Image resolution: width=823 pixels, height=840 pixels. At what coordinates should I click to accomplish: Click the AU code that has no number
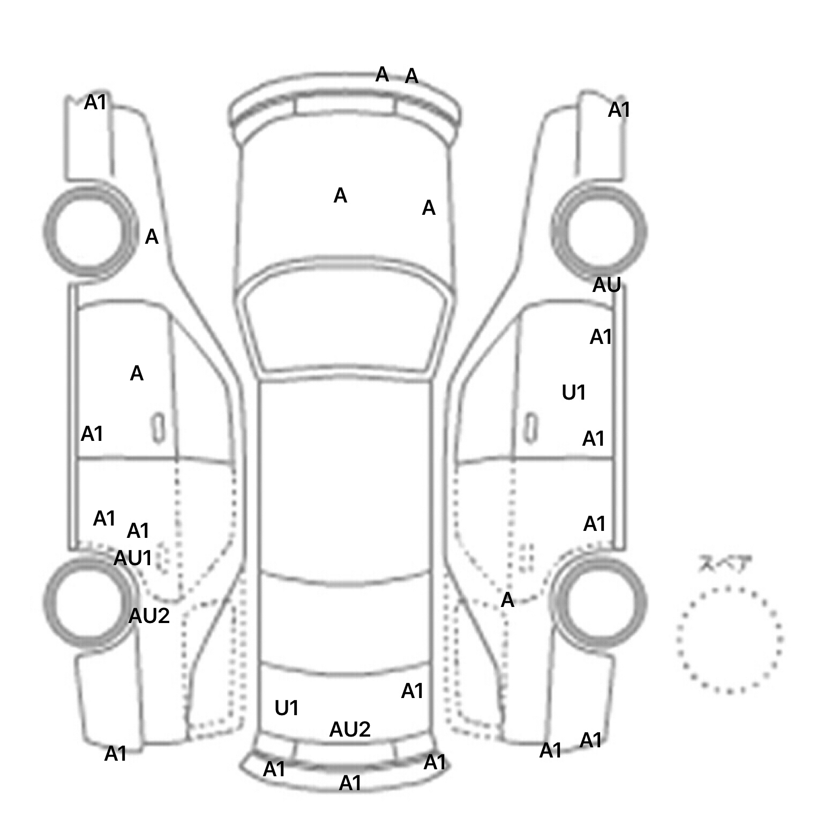[x=606, y=285]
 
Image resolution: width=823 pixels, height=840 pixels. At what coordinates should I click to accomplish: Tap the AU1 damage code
[x=133, y=558]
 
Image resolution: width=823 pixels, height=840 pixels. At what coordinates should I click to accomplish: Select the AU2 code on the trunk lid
[x=349, y=729]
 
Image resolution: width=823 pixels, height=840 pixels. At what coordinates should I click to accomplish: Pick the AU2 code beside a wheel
[x=149, y=616]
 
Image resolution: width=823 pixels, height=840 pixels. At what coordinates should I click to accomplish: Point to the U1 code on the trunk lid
[x=286, y=708]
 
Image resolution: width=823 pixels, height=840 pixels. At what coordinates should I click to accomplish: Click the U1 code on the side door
[x=573, y=393]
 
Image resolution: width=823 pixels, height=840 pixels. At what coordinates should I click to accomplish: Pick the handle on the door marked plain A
[x=158, y=427]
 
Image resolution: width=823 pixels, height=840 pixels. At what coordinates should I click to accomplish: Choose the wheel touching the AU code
[x=599, y=231]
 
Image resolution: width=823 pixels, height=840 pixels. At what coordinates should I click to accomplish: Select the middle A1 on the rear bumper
[x=350, y=783]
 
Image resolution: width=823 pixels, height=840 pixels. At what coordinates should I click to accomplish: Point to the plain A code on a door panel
[x=137, y=373]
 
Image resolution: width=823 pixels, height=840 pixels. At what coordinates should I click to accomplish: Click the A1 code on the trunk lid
[x=412, y=691]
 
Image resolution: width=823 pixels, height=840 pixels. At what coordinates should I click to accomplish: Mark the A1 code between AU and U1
[x=600, y=337]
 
